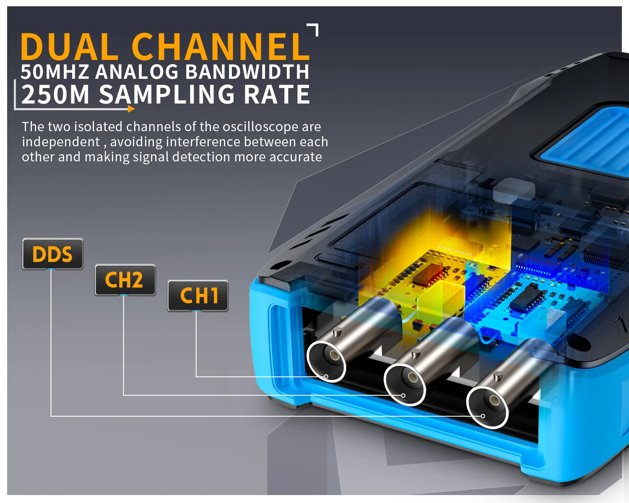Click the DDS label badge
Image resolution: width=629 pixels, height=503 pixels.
(52, 254)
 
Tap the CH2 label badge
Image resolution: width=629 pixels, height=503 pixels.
(125, 280)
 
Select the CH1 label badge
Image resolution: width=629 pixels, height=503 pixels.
(198, 296)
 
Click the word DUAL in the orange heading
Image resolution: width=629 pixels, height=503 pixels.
(70, 47)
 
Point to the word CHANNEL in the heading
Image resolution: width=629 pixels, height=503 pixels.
(221, 47)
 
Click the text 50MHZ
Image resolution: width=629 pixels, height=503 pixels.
(55, 72)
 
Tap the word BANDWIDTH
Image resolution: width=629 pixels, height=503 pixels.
(247, 72)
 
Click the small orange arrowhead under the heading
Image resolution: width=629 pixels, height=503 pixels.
(131, 109)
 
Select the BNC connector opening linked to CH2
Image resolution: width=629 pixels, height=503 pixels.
(405, 384)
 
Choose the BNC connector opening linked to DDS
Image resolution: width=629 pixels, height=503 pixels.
(488, 407)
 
